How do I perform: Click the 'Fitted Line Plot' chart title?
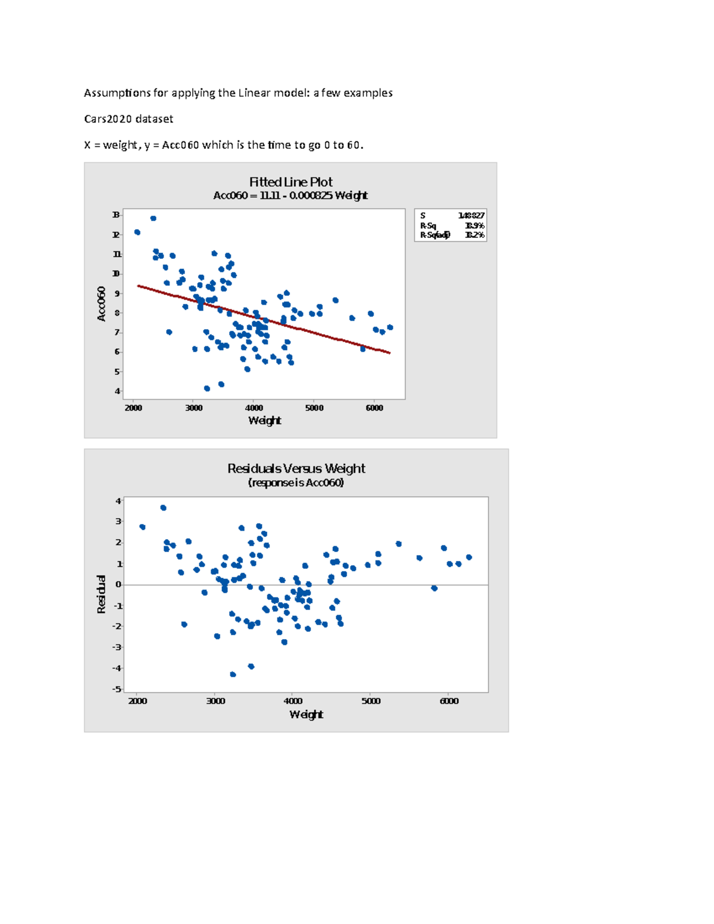click(290, 182)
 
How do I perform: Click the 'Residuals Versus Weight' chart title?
click(296, 468)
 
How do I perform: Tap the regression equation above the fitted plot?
click(290, 196)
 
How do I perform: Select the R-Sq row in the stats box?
click(452, 225)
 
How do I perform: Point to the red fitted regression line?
click(264, 320)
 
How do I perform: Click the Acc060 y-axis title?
click(101, 303)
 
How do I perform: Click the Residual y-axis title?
click(101, 594)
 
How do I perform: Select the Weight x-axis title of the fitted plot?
click(264, 421)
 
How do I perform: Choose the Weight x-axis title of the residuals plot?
click(306, 714)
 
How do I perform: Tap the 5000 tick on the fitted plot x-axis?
click(314, 408)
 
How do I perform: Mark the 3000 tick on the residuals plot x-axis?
click(215, 701)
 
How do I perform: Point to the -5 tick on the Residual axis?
click(117, 689)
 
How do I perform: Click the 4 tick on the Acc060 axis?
click(117, 391)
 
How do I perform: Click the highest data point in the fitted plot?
click(153, 218)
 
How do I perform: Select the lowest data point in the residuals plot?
click(233, 674)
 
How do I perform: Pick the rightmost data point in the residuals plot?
click(469, 557)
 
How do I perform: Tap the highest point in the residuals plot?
click(163, 508)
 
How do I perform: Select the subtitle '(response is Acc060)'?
click(296, 483)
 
